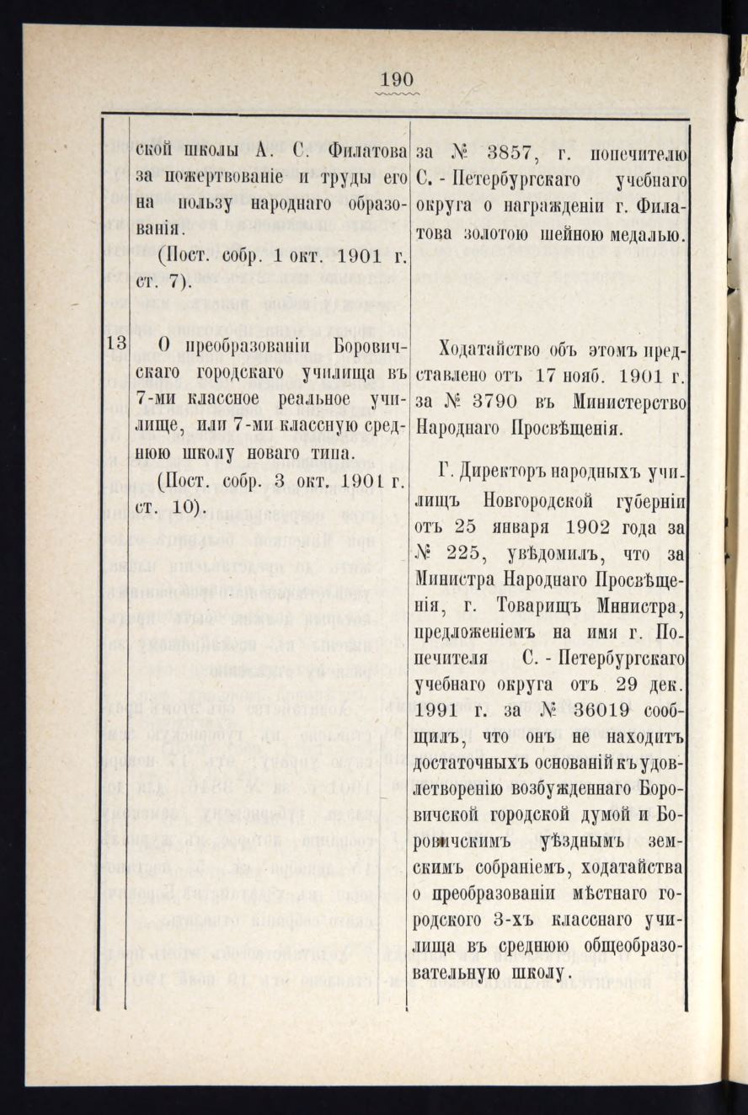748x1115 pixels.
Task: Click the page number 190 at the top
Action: click(398, 80)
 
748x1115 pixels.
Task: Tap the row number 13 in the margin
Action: click(117, 344)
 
